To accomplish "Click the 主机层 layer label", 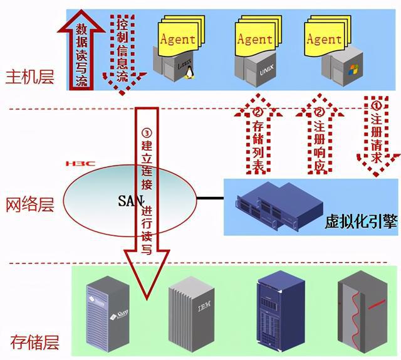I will coord(29,78).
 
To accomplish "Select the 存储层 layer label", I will coord(34,342).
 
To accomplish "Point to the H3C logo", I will coord(80,164).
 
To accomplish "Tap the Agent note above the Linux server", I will coord(178,39).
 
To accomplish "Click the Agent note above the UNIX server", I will coord(254,39).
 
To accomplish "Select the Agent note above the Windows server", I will coord(323,39).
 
